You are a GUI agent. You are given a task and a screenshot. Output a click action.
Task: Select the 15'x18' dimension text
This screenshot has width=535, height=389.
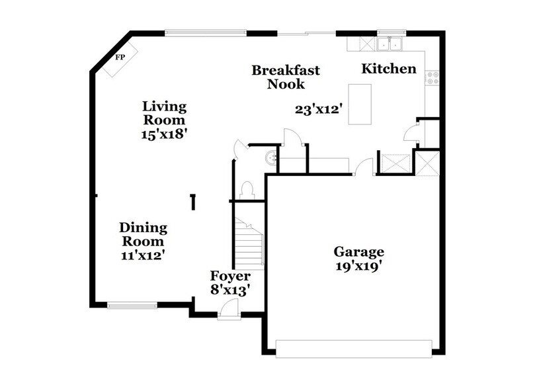coord(165,132)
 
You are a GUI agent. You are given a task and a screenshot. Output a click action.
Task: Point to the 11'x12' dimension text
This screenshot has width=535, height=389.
coord(143,253)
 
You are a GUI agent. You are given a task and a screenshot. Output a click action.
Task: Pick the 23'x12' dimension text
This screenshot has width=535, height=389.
coord(318,110)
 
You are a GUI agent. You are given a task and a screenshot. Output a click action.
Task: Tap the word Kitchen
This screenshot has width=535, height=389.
coord(389,69)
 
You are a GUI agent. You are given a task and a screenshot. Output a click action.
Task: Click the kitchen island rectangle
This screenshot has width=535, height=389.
coord(360,104)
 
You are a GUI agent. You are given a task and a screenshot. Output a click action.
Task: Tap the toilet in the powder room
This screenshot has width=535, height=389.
coord(247,189)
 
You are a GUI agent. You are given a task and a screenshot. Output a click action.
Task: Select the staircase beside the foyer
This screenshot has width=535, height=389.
coord(249,244)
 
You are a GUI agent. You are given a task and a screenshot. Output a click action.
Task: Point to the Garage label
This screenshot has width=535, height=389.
coord(358,252)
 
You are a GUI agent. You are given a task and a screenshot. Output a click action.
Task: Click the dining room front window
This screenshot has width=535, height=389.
coord(133,305)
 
